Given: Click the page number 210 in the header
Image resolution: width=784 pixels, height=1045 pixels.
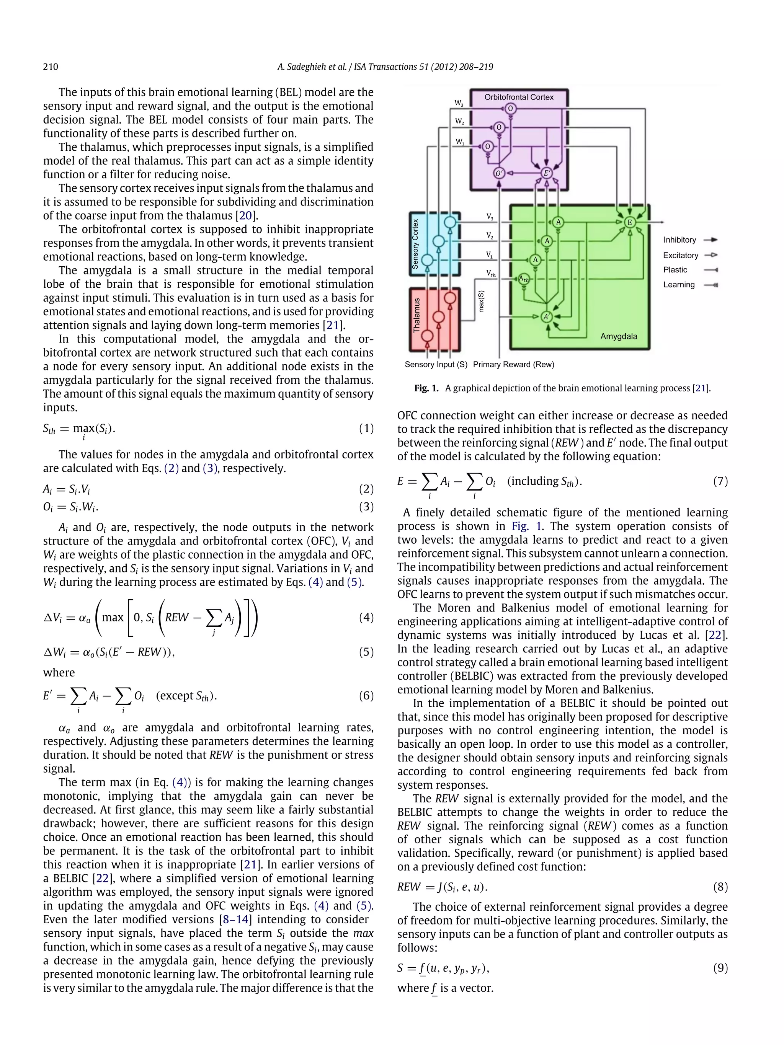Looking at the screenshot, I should coord(51,67).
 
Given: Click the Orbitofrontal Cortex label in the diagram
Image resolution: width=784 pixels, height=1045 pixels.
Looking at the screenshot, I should coord(518,97).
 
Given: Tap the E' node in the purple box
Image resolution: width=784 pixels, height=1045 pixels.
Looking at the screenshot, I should coord(546,173).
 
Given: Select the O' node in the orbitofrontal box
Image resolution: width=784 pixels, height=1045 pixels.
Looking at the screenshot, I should coord(498,173).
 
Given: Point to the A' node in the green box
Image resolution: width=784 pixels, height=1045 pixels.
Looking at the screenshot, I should coord(546,317).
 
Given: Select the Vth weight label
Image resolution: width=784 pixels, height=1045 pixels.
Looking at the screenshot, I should coord(491,274).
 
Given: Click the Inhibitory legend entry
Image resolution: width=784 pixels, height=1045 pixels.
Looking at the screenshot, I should coord(679,240).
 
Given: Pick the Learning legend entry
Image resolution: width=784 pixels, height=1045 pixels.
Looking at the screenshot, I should coord(679,285).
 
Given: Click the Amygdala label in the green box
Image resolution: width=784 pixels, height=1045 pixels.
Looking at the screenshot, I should coord(619,336).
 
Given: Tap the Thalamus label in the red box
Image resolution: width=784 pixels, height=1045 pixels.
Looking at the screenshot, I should coord(416,316).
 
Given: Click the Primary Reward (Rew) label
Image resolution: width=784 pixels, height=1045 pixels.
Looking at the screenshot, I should coord(513,365).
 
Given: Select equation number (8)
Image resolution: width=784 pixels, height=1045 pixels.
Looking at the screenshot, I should coord(720,887).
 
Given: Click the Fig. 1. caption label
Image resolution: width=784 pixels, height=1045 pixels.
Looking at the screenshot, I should coord(426,388).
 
